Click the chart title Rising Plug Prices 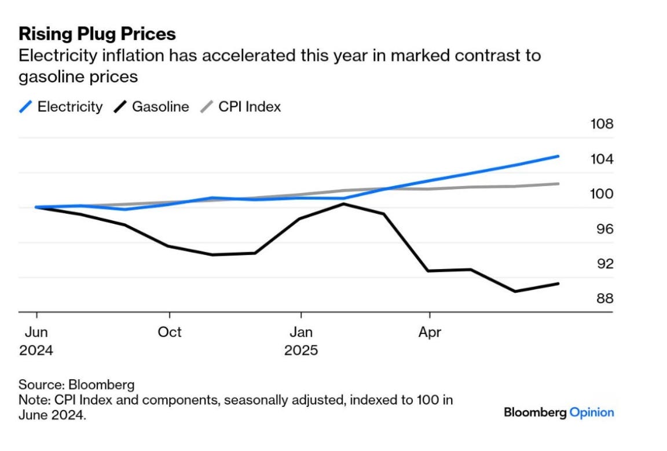97,34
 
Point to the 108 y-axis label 601,125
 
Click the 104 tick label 601,159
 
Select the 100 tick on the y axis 601,194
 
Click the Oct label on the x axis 170,332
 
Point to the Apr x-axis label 430,332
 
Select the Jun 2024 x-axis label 36,341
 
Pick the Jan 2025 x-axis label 301,341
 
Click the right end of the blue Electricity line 558,156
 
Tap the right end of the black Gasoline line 558,283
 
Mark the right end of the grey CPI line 558,184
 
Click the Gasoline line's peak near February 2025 343,204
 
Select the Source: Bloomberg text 76,384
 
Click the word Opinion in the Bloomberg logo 591,413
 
